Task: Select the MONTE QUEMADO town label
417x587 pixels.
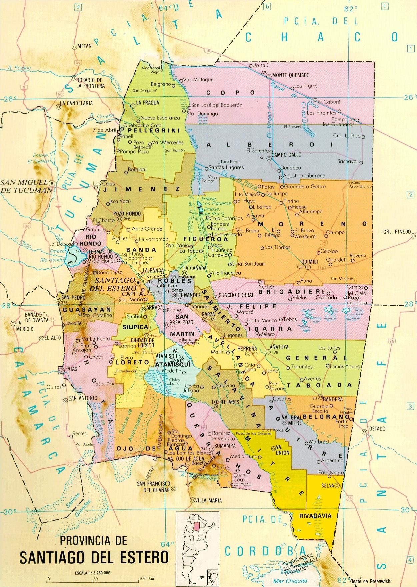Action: [291, 75]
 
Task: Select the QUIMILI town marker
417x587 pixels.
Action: [308, 267]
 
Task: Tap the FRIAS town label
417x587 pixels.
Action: [72, 369]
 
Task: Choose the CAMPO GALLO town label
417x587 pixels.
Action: [286, 155]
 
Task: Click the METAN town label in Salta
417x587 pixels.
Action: [84, 46]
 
